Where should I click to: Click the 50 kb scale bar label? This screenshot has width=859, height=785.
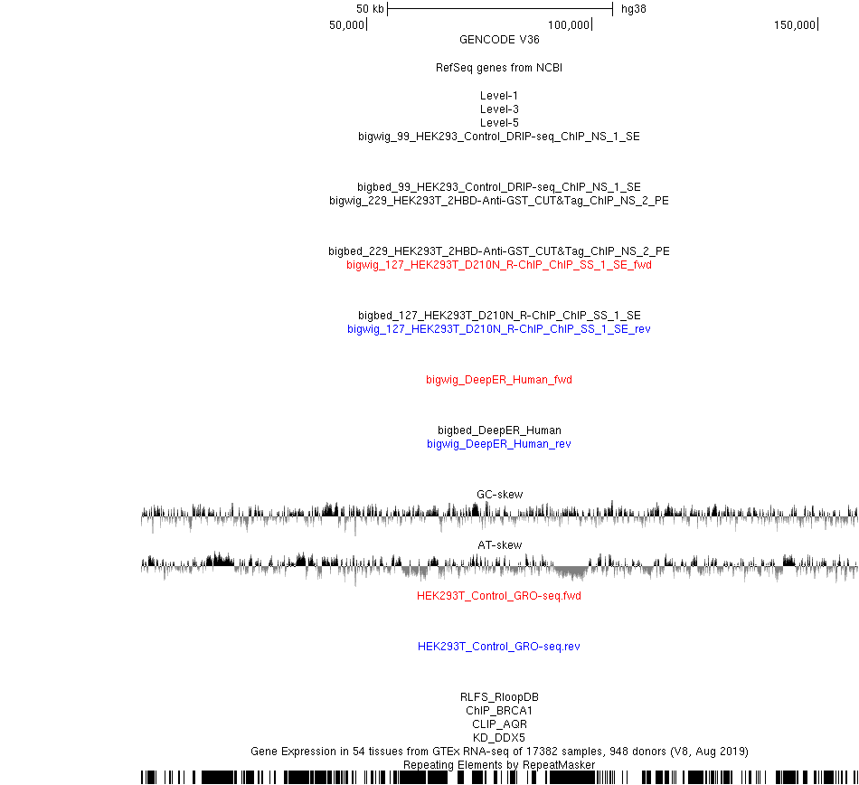[370, 9]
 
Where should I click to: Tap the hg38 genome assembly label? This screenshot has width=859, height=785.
[633, 9]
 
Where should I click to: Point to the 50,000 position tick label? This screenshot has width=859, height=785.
[346, 24]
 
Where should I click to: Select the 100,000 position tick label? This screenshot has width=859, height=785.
[569, 24]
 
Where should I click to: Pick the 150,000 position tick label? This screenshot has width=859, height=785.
[795, 24]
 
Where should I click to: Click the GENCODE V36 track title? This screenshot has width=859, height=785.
[499, 40]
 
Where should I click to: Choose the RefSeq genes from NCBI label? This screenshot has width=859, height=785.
[499, 68]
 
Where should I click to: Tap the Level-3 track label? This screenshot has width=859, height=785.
[499, 109]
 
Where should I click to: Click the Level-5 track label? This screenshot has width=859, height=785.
[499, 123]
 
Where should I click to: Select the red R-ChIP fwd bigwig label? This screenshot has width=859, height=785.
[499, 265]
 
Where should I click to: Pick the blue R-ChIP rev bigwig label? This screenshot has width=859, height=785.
[499, 328]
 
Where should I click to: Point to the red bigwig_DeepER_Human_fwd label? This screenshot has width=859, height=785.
[499, 380]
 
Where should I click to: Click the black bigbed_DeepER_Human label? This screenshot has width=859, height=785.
[499, 430]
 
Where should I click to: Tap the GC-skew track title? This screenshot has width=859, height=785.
[500, 494]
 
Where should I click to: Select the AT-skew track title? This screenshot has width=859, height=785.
[500, 545]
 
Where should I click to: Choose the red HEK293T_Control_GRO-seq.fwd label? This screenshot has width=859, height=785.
[499, 595]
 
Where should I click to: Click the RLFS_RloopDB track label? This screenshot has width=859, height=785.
[499, 696]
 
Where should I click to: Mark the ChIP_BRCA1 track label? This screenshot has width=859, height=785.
[499, 711]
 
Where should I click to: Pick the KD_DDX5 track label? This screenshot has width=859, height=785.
[499, 737]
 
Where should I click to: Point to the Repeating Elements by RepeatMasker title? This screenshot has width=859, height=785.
[499, 765]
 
